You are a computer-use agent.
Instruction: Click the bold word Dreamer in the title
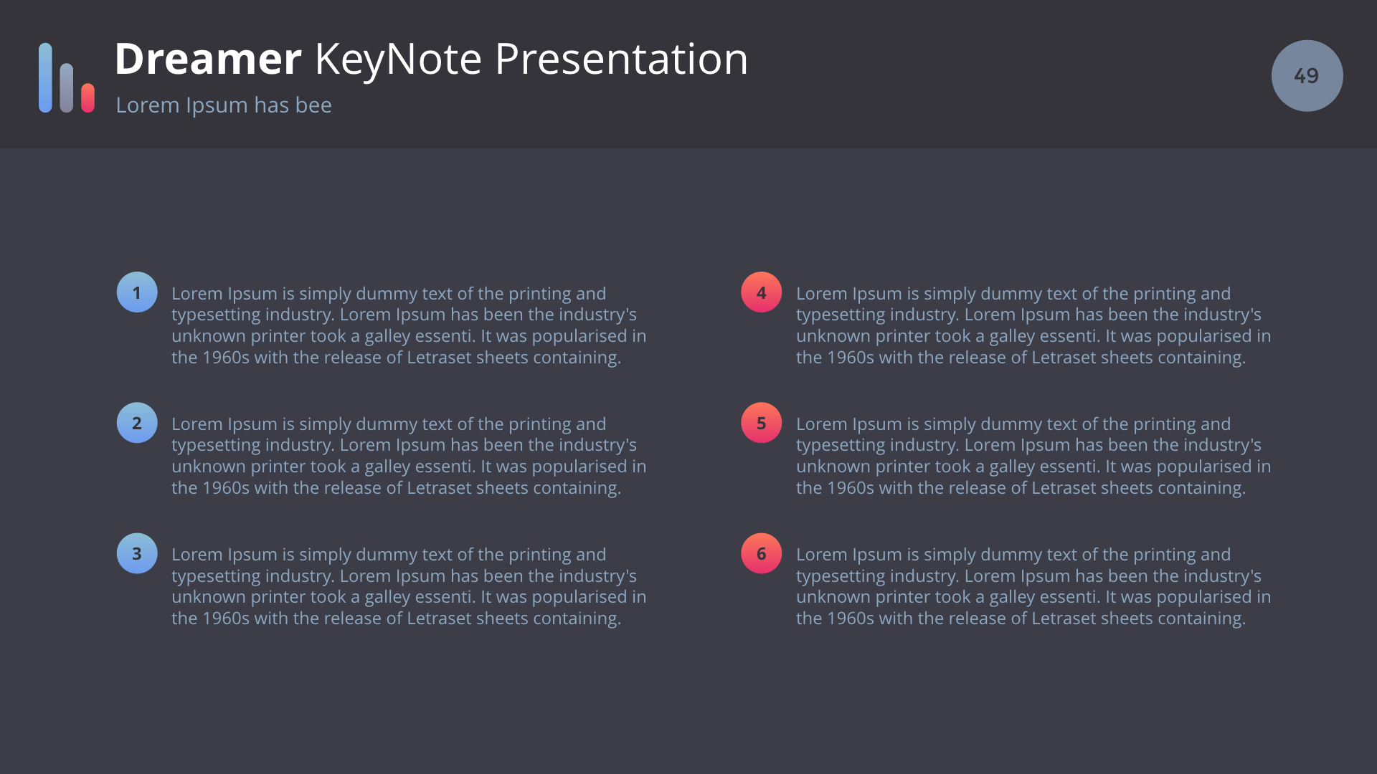[x=208, y=59]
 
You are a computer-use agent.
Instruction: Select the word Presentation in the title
[x=621, y=59]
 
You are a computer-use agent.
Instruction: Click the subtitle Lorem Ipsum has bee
[x=224, y=105]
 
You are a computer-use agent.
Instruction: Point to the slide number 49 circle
[x=1307, y=75]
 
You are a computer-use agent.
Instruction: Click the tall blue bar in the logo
[x=45, y=77]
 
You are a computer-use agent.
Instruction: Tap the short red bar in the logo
[x=88, y=97]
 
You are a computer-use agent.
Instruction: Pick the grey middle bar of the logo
[x=67, y=87]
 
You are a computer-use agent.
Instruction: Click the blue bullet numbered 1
[x=137, y=292]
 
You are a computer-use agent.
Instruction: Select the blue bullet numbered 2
[x=137, y=423]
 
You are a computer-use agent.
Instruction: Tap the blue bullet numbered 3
[x=137, y=553]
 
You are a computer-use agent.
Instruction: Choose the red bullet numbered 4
[x=762, y=292]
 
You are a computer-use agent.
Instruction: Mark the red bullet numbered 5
[x=762, y=423]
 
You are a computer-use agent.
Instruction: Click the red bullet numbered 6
[x=762, y=553]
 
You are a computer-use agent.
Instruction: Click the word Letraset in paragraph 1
[x=439, y=358]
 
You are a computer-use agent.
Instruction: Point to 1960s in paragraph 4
[x=851, y=358]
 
